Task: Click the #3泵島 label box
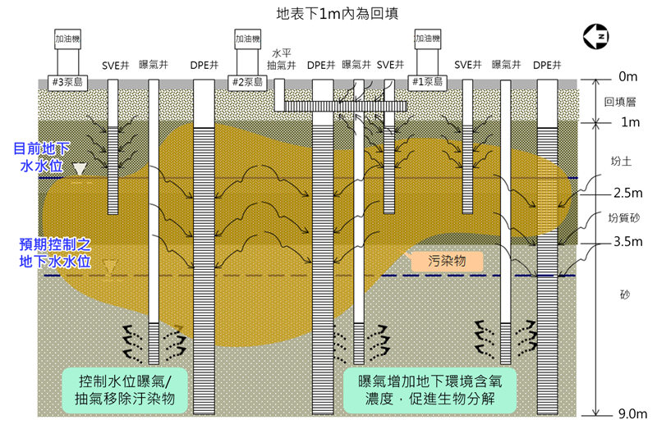tap(69, 82)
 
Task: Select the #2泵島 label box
tap(246, 82)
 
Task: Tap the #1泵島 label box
tap(426, 82)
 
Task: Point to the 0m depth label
tap(627, 77)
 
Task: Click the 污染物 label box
tap(447, 261)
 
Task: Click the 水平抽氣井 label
tap(282, 58)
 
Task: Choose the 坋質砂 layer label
tap(623, 219)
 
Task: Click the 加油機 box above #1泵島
tap(426, 39)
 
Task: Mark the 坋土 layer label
tap(621, 162)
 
